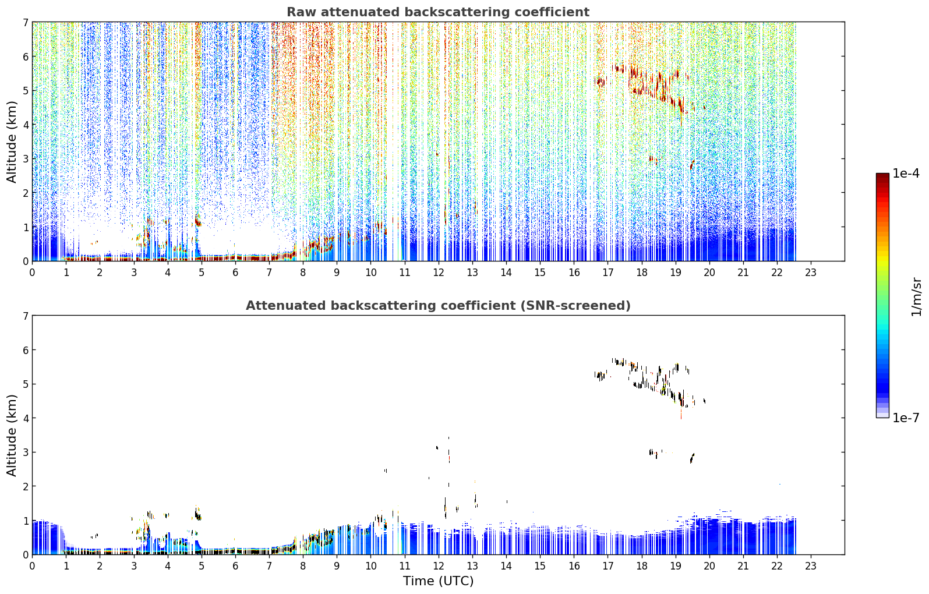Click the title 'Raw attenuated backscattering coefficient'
(438, 12)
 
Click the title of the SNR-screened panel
(438, 306)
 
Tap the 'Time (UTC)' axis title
(438, 581)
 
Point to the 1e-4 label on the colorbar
(906, 174)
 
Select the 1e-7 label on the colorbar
(906, 418)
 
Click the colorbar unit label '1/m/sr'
(916, 297)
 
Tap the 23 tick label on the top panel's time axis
(810, 273)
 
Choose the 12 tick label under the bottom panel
(439, 566)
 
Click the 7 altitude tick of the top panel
(25, 22)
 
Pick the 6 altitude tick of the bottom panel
(25, 349)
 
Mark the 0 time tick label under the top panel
(33, 273)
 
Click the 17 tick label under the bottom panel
(607, 566)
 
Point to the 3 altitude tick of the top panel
(25, 159)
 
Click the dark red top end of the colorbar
(882, 175)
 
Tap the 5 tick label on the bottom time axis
(202, 566)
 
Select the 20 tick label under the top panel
(709, 273)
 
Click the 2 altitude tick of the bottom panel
(25, 486)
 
